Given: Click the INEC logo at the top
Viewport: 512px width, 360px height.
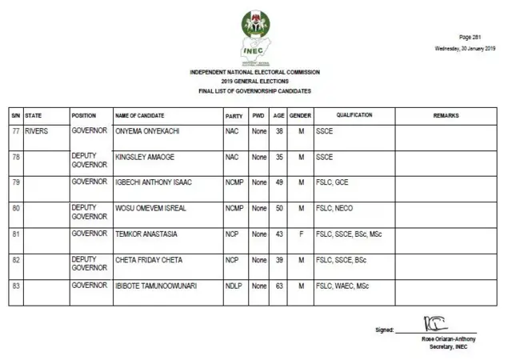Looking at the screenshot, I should (255, 37).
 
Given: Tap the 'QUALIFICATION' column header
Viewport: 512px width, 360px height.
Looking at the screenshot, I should (354, 116).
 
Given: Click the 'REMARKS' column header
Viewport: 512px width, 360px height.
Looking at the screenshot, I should (446, 116).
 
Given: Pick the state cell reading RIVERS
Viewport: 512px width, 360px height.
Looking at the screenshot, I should (37, 130).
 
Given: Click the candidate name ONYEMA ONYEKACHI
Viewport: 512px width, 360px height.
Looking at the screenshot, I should (149, 130).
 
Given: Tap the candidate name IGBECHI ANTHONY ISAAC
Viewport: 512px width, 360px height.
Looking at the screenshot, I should (154, 182).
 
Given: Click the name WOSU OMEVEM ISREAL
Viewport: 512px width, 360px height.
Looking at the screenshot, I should (151, 208).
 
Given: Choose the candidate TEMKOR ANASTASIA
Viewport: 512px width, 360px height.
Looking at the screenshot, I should (146, 234).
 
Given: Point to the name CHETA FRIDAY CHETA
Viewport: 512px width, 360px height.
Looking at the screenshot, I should (150, 260).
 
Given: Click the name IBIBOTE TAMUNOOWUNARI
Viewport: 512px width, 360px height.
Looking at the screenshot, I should (157, 286).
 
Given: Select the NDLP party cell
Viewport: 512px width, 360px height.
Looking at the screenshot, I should (233, 286).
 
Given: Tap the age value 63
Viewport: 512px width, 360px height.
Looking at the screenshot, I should (279, 286).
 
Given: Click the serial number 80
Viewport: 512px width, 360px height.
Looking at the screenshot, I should (15, 208).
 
